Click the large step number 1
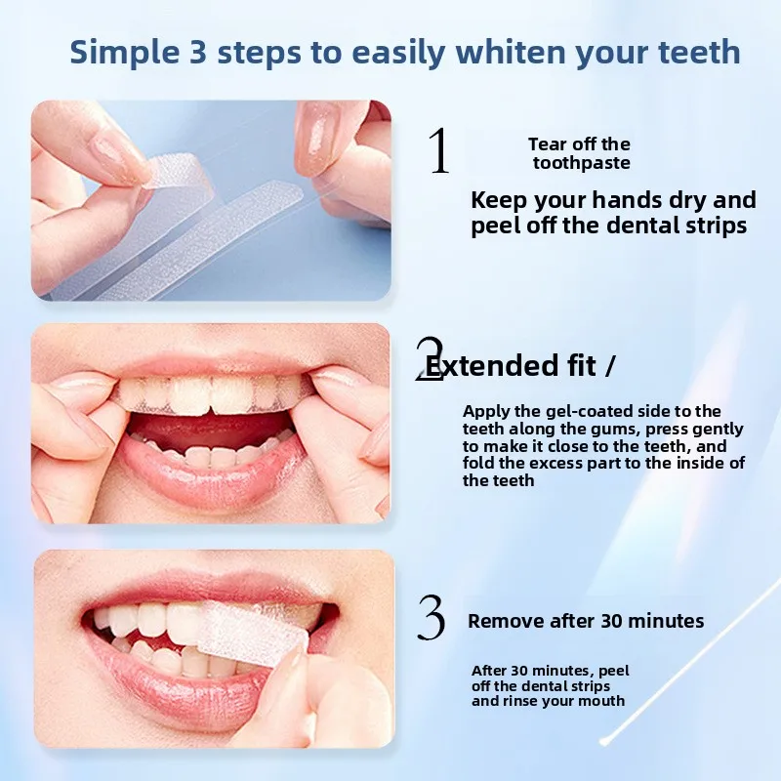point(439,151)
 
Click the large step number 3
point(432,619)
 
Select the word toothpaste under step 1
point(581,163)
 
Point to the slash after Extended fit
point(610,366)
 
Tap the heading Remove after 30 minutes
point(586,621)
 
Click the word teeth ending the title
point(699,52)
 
